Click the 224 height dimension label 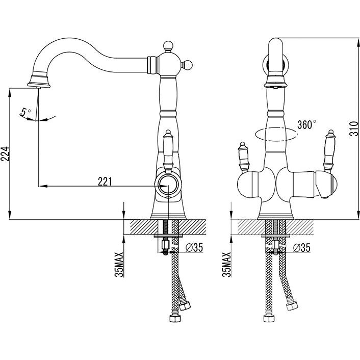(x=5, y=153)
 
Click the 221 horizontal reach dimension (x=105, y=182)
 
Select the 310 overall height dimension (x=354, y=128)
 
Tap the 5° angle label (x=25, y=112)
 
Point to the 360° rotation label (x=306, y=124)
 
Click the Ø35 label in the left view (x=194, y=247)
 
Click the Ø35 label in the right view (x=301, y=248)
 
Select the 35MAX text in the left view (x=119, y=265)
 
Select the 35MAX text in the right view (x=226, y=265)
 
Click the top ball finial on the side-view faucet (x=168, y=45)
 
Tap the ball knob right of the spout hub (x=187, y=65)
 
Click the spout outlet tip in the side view (x=39, y=87)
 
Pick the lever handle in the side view (x=168, y=151)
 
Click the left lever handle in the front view (x=243, y=157)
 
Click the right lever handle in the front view (x=329, y=151)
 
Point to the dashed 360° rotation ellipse (x=276, y=134)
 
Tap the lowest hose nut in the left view (x=175, y=319)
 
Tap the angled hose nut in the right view (x=292, y=306)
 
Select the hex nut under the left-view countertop (x=165, y=245)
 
